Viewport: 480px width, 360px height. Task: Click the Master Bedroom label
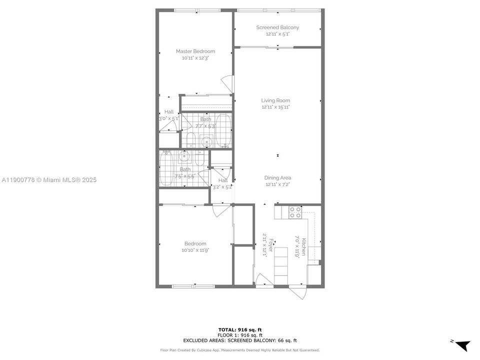[x=195, y=51]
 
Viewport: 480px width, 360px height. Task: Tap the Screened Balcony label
[x=277, y=27]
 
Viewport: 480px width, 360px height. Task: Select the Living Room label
[x=275, y=100]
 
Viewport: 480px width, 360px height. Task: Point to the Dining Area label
[x=277, y=177]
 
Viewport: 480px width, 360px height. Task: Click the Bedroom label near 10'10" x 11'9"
[x=195, y=243]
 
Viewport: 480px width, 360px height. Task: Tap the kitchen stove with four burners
[x=295, y=212]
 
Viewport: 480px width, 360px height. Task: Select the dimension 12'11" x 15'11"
[x=275, y=107]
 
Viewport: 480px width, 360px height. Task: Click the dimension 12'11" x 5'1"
[x=277, y=34]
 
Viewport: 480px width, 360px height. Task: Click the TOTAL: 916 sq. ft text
[x=240, y=329]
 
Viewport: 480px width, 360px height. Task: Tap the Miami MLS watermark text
[x=49, y=180]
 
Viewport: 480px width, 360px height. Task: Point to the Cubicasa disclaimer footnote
[x=240, y=350]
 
